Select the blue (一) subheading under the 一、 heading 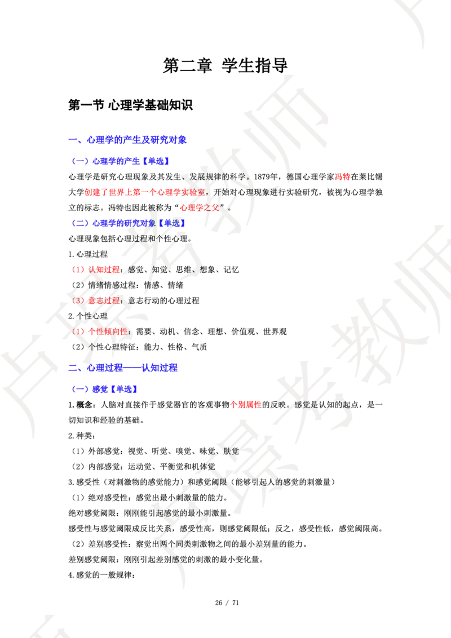121,161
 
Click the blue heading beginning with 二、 123,368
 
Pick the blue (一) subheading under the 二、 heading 105,389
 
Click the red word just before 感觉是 246,404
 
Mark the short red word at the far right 342,177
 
